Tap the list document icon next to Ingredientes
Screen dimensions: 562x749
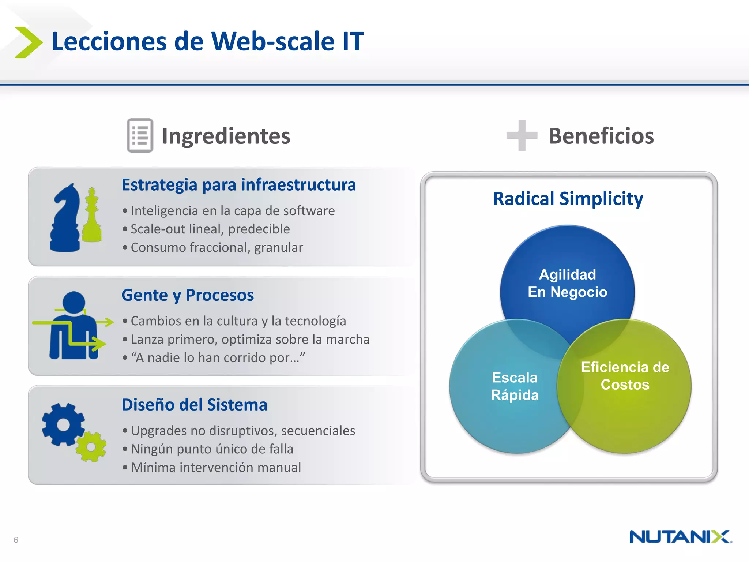point(140,135)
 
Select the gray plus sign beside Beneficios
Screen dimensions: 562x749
point(522,135)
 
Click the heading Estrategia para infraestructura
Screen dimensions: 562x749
point(238,185)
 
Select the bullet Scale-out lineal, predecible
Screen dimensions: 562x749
point(210,229)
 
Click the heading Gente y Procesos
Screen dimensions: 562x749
point(187,295)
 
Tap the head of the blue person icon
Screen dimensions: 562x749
point(74,302)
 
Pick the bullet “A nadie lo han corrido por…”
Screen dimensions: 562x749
point(218,357)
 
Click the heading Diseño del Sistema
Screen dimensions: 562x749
point(194,405)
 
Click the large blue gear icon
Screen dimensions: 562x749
point(63,425)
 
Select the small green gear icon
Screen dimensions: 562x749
point(91,447)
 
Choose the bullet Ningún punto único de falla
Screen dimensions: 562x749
point(212,449)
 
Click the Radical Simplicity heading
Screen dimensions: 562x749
point(568,199)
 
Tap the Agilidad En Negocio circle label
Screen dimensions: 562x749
point(567,283)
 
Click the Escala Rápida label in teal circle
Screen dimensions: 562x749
point(515,386)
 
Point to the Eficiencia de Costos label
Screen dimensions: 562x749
point(625,376)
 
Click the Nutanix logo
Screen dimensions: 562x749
point(680,537)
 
